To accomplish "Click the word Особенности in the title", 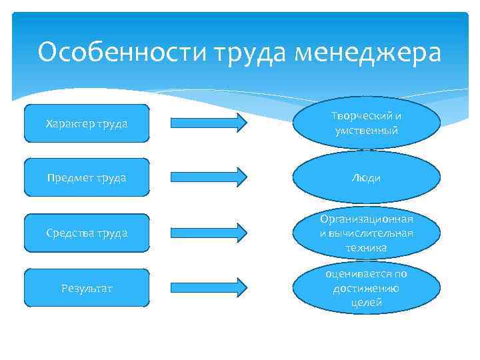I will (x=122, y=52).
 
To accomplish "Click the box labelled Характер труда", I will (x=87, y=123).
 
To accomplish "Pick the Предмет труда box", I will (x=87, y=178).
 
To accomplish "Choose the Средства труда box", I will (x=87, y=233).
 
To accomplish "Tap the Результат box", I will (x=87, y=288).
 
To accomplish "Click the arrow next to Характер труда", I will (x=209, y=123).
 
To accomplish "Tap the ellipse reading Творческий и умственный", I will (x=367, y=123).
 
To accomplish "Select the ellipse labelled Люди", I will (x=367, y=178).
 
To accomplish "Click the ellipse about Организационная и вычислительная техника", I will (x=367, y=233).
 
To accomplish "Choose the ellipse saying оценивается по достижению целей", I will (x=367, y=288).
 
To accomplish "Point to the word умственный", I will (x=367, y=131).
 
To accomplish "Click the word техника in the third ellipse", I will (x=367, y=248).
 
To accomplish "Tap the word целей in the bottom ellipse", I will (x=367, y=303).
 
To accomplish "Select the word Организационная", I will (x=367, y=219).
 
